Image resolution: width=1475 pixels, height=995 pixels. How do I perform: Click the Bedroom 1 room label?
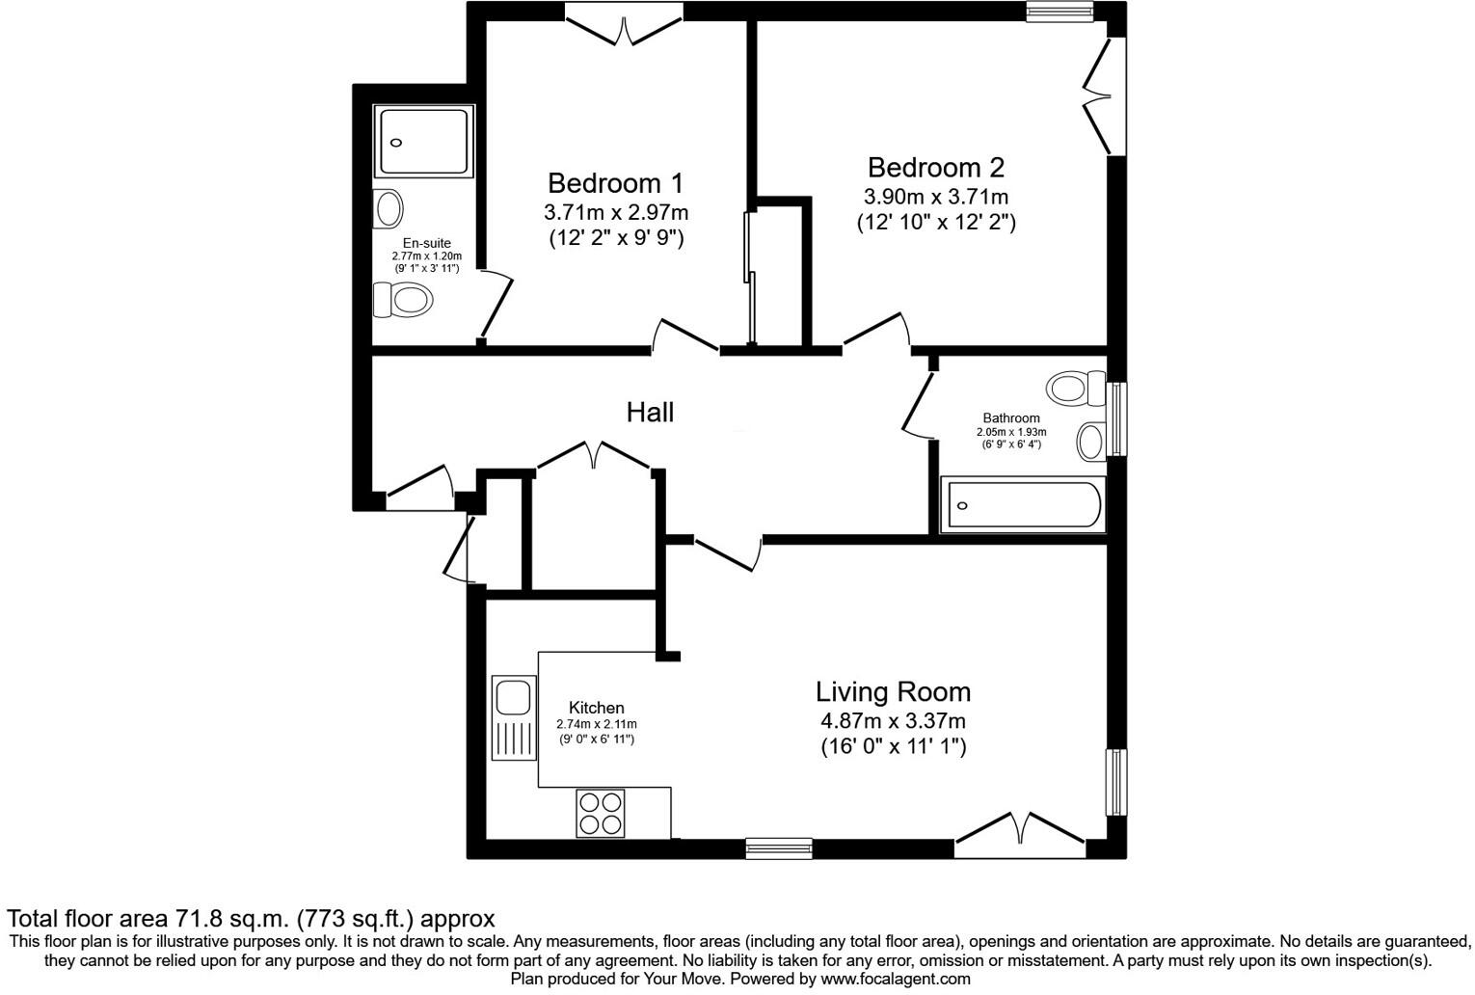point(615,183)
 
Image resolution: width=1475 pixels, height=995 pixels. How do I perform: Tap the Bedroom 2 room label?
point(935,168)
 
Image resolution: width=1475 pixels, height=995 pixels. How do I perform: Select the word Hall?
point(650,413)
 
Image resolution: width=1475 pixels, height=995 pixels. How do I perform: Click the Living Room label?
point(893,692)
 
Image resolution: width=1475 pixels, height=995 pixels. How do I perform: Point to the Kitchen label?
point(596,708)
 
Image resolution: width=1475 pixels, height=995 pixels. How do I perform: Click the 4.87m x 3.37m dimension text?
point(893,721)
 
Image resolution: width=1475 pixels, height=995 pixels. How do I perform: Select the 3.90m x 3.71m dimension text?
point(935,197)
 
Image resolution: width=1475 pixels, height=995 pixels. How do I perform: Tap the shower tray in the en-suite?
point(424,142)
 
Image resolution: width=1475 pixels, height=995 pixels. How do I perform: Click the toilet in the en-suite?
point(402,300)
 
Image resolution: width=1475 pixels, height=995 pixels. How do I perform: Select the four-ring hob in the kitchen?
point(600,813)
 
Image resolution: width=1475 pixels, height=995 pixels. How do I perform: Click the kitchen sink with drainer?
point(513,717)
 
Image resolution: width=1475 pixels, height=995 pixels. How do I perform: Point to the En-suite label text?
point(426,243)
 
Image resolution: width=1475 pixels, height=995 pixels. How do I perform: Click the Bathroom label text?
point(1010,417)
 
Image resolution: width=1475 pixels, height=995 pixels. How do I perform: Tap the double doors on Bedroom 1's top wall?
point(625,26)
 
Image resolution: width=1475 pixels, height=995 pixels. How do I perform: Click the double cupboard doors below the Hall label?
point(596,456)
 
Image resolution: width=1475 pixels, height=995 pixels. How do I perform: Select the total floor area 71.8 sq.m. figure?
point(233,918)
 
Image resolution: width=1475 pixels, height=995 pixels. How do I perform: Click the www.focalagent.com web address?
point(896,979)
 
